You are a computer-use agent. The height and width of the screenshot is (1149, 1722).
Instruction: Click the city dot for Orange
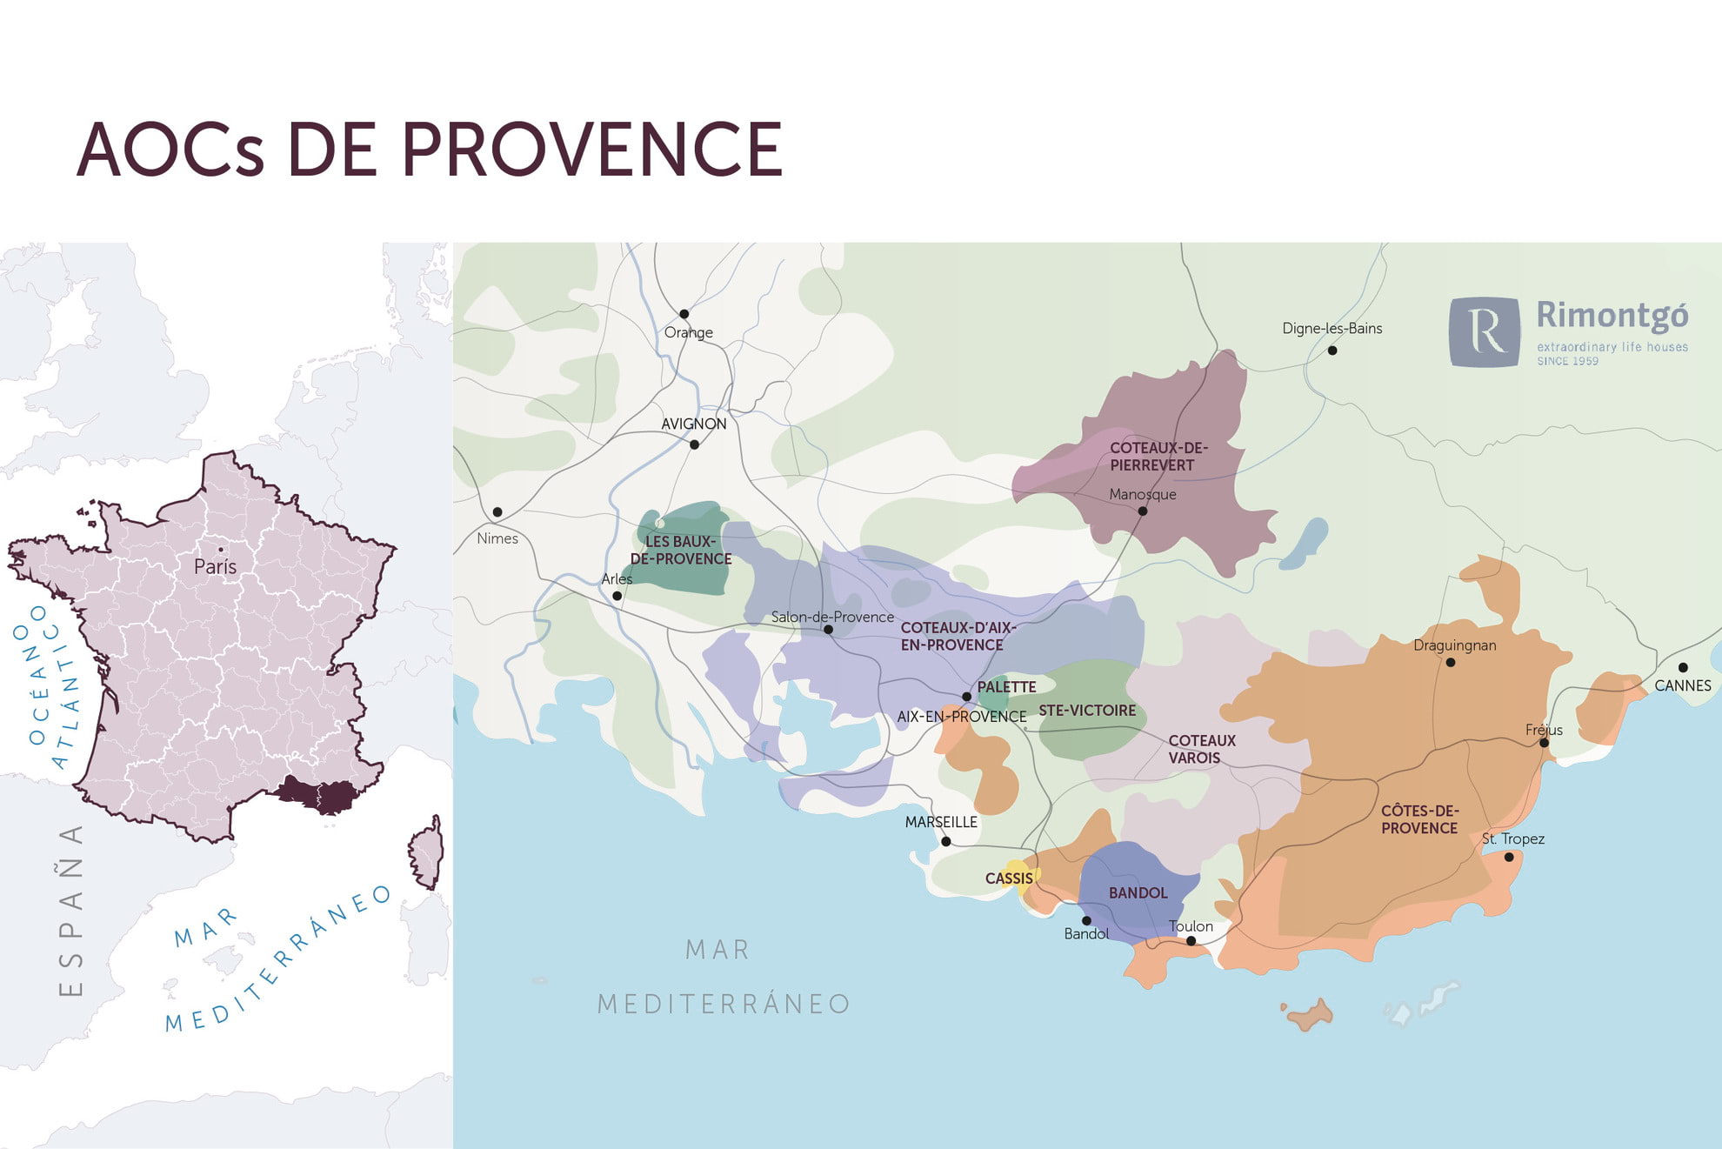click(x=684, y=314)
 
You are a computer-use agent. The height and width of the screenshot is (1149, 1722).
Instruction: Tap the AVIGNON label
click(x=693, y=424)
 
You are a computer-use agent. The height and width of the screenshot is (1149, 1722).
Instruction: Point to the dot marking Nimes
click(x=497, y=512)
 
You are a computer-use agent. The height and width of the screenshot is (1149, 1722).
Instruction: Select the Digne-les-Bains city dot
click(x=1332, y=351)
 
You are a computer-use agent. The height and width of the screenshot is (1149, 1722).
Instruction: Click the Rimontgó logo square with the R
click(x=1485, y=331)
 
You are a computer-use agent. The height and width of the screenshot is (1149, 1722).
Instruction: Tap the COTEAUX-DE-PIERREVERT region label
click(x=1158, y=457)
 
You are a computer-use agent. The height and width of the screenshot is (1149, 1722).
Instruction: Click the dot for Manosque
click(x=1143, y=511)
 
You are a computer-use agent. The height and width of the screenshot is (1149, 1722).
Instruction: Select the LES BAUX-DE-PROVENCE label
click(x=681, y=551)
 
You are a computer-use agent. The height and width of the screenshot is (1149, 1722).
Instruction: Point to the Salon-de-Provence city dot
click(x=828, y=630)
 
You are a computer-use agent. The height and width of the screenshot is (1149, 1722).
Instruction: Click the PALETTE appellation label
click(x=1006, y=687)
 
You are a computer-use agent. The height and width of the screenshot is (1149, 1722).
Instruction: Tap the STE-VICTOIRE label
click(x=1087, y=711)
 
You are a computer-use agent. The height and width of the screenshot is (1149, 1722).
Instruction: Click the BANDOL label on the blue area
click(x=1138, y=893)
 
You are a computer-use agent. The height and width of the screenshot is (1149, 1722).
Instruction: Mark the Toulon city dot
click(x=1191, y=941)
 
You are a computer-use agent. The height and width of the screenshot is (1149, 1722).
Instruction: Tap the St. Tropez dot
click(x=1509, y=858)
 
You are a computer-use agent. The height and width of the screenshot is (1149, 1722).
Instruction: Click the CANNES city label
click(x=1682, y=686)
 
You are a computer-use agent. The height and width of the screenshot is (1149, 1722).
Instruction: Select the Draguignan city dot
click(x=1451, y=663)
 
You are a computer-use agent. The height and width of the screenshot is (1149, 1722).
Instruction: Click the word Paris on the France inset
click(x=215, y=567)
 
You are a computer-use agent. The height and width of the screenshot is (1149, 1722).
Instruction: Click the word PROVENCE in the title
click(x=591, y=150)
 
